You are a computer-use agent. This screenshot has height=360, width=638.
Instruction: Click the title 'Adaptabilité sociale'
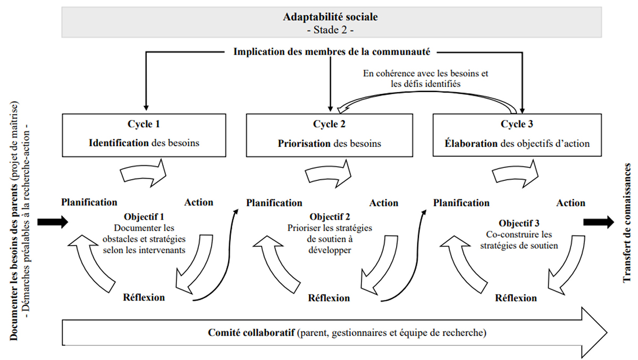(x=330, y=17)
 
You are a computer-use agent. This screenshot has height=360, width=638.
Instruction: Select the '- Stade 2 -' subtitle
(x=330, y=30)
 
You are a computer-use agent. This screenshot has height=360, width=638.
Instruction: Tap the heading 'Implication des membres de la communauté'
(x=332, y=52)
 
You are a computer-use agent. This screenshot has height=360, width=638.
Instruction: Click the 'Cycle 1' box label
(x=144, y=124)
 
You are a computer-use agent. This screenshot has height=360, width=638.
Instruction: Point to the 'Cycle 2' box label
(x=329, y=124)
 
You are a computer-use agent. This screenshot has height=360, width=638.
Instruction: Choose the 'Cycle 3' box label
(x=517, y=124)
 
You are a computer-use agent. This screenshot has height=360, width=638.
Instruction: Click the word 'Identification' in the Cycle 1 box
(x=119, y=143)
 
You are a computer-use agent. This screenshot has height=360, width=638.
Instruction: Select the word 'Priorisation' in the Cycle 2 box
(x=304, y=143)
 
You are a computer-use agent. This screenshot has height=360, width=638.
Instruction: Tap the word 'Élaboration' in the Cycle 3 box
(x=471, y=143)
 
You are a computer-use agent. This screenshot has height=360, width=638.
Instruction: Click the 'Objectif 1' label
(x=144, y=217)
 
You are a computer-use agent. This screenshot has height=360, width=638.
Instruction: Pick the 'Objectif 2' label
(x=330, y=217)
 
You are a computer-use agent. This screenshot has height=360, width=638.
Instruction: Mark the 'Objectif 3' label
(x=519, y=223)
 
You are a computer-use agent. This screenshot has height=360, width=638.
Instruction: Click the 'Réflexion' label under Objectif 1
(x=144, y=297)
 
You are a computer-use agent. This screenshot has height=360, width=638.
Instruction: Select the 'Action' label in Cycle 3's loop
(x=571, y=203)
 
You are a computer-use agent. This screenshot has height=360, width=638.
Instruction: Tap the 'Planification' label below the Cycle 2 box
(x=274, y=203)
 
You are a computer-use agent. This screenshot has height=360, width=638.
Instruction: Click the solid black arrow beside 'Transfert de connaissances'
(x=599, y=222)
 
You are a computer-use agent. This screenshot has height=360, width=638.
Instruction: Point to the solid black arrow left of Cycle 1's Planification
(x=53, y=222)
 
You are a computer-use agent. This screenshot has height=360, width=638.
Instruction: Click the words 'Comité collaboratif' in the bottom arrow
(x=251, y=332)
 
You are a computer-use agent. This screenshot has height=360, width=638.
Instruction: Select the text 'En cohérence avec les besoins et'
(x=425, y=73)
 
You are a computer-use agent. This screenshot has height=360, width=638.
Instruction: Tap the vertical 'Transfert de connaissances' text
(x=627, y=223)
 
